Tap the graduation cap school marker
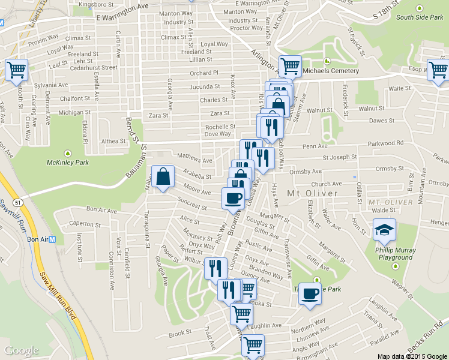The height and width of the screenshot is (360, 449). click(384, 229)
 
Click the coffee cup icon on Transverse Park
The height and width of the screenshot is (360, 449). click(310, 294)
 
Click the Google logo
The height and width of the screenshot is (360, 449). click(22, 350)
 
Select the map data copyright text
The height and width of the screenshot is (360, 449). click(413, 356)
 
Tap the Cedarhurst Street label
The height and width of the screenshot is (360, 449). click(93, 68)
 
